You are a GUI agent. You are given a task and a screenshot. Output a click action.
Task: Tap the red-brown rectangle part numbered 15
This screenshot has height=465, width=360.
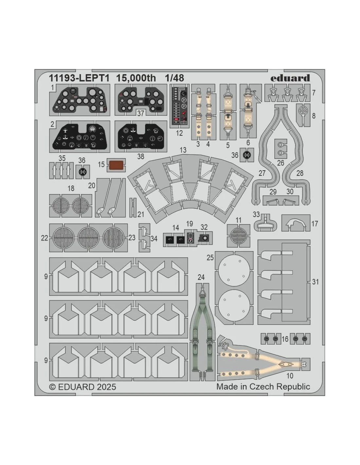click(x=116, y=165)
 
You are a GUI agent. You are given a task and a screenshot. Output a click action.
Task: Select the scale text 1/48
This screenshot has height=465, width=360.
click(x=174, y=78)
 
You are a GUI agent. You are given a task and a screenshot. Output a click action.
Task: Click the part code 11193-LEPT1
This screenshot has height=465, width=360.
click(x=79, y=78)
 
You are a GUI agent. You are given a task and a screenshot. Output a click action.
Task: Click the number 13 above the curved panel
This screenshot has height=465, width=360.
click(x=183, y=150)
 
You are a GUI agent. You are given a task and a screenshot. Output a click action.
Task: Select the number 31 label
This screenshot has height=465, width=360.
click(x=315, y=282)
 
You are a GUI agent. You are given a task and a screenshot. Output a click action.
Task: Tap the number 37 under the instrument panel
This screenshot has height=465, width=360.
click(x=140, y=113)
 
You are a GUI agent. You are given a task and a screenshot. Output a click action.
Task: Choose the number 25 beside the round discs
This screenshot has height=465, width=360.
click(x=210, y=257)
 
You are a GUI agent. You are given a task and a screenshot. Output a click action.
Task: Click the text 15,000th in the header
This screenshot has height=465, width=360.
click(x=136, y=78)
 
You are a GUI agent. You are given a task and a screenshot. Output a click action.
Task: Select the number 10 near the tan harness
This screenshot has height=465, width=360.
click(x=290, y=376)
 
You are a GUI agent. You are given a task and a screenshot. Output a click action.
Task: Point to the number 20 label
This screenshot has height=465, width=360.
click(x=91, y=185)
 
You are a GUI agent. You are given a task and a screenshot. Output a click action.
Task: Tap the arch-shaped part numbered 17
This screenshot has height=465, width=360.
click(x=296, y=223)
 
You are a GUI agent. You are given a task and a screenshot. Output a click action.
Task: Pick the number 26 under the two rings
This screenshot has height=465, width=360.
click(x=280, y=163)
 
